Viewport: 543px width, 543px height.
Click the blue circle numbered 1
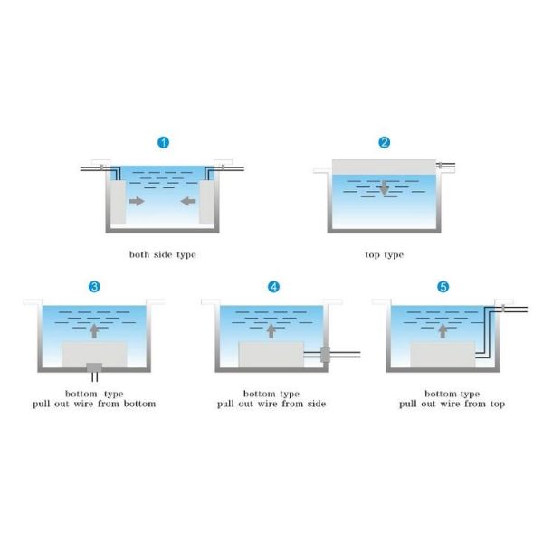(x=164, y=142)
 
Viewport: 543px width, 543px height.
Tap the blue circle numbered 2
(x=384, y=142)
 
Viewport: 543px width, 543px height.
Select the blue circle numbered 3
(x=94, y=287)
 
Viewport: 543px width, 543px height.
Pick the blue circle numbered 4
(x=273, y=287)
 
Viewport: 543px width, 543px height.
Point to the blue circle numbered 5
(x=443, y=287)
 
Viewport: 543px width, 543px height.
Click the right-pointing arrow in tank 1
(x=137, y=201)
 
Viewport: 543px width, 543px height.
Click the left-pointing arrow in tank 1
(x=188, y=201)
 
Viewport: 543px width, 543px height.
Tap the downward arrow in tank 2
(x=384, y=188)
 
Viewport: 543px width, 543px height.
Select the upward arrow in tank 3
(x=94, y=331)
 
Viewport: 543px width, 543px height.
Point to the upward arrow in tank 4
(x=271, y=331)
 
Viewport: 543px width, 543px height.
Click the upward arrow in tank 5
(x=443, y=331)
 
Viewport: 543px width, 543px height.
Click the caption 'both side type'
(x=162, y=255)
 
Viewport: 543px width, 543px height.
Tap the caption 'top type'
(x=384, y=255)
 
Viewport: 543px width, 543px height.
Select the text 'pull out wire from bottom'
(x=94, y=404)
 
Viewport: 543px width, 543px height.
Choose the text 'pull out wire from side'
(x=271, y=404)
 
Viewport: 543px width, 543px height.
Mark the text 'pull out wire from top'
(x=452, y=404)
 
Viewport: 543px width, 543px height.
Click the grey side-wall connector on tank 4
(x=325, y=354)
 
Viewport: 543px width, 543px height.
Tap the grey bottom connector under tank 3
(x=94, y=367)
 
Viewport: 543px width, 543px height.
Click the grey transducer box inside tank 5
(x=443, y=355)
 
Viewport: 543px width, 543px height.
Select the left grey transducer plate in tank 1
(x=118, y=202)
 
